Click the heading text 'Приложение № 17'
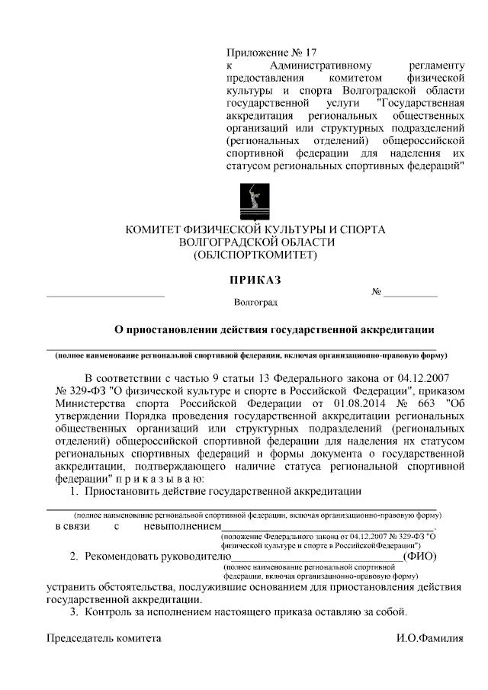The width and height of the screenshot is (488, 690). click(271, 53)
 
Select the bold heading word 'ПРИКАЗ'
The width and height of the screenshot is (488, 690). click(256, 280)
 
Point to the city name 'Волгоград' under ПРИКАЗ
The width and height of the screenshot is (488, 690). click(256, 302)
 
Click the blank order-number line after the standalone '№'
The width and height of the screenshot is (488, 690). click(410, 294)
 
